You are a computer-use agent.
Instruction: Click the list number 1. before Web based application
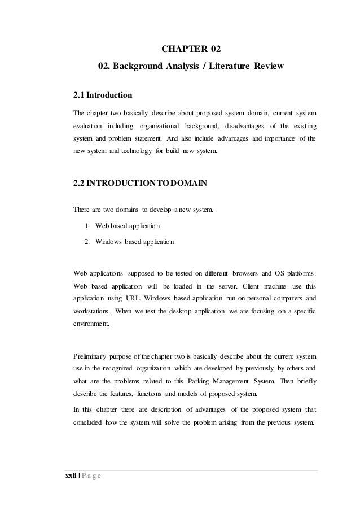coord(87,226)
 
